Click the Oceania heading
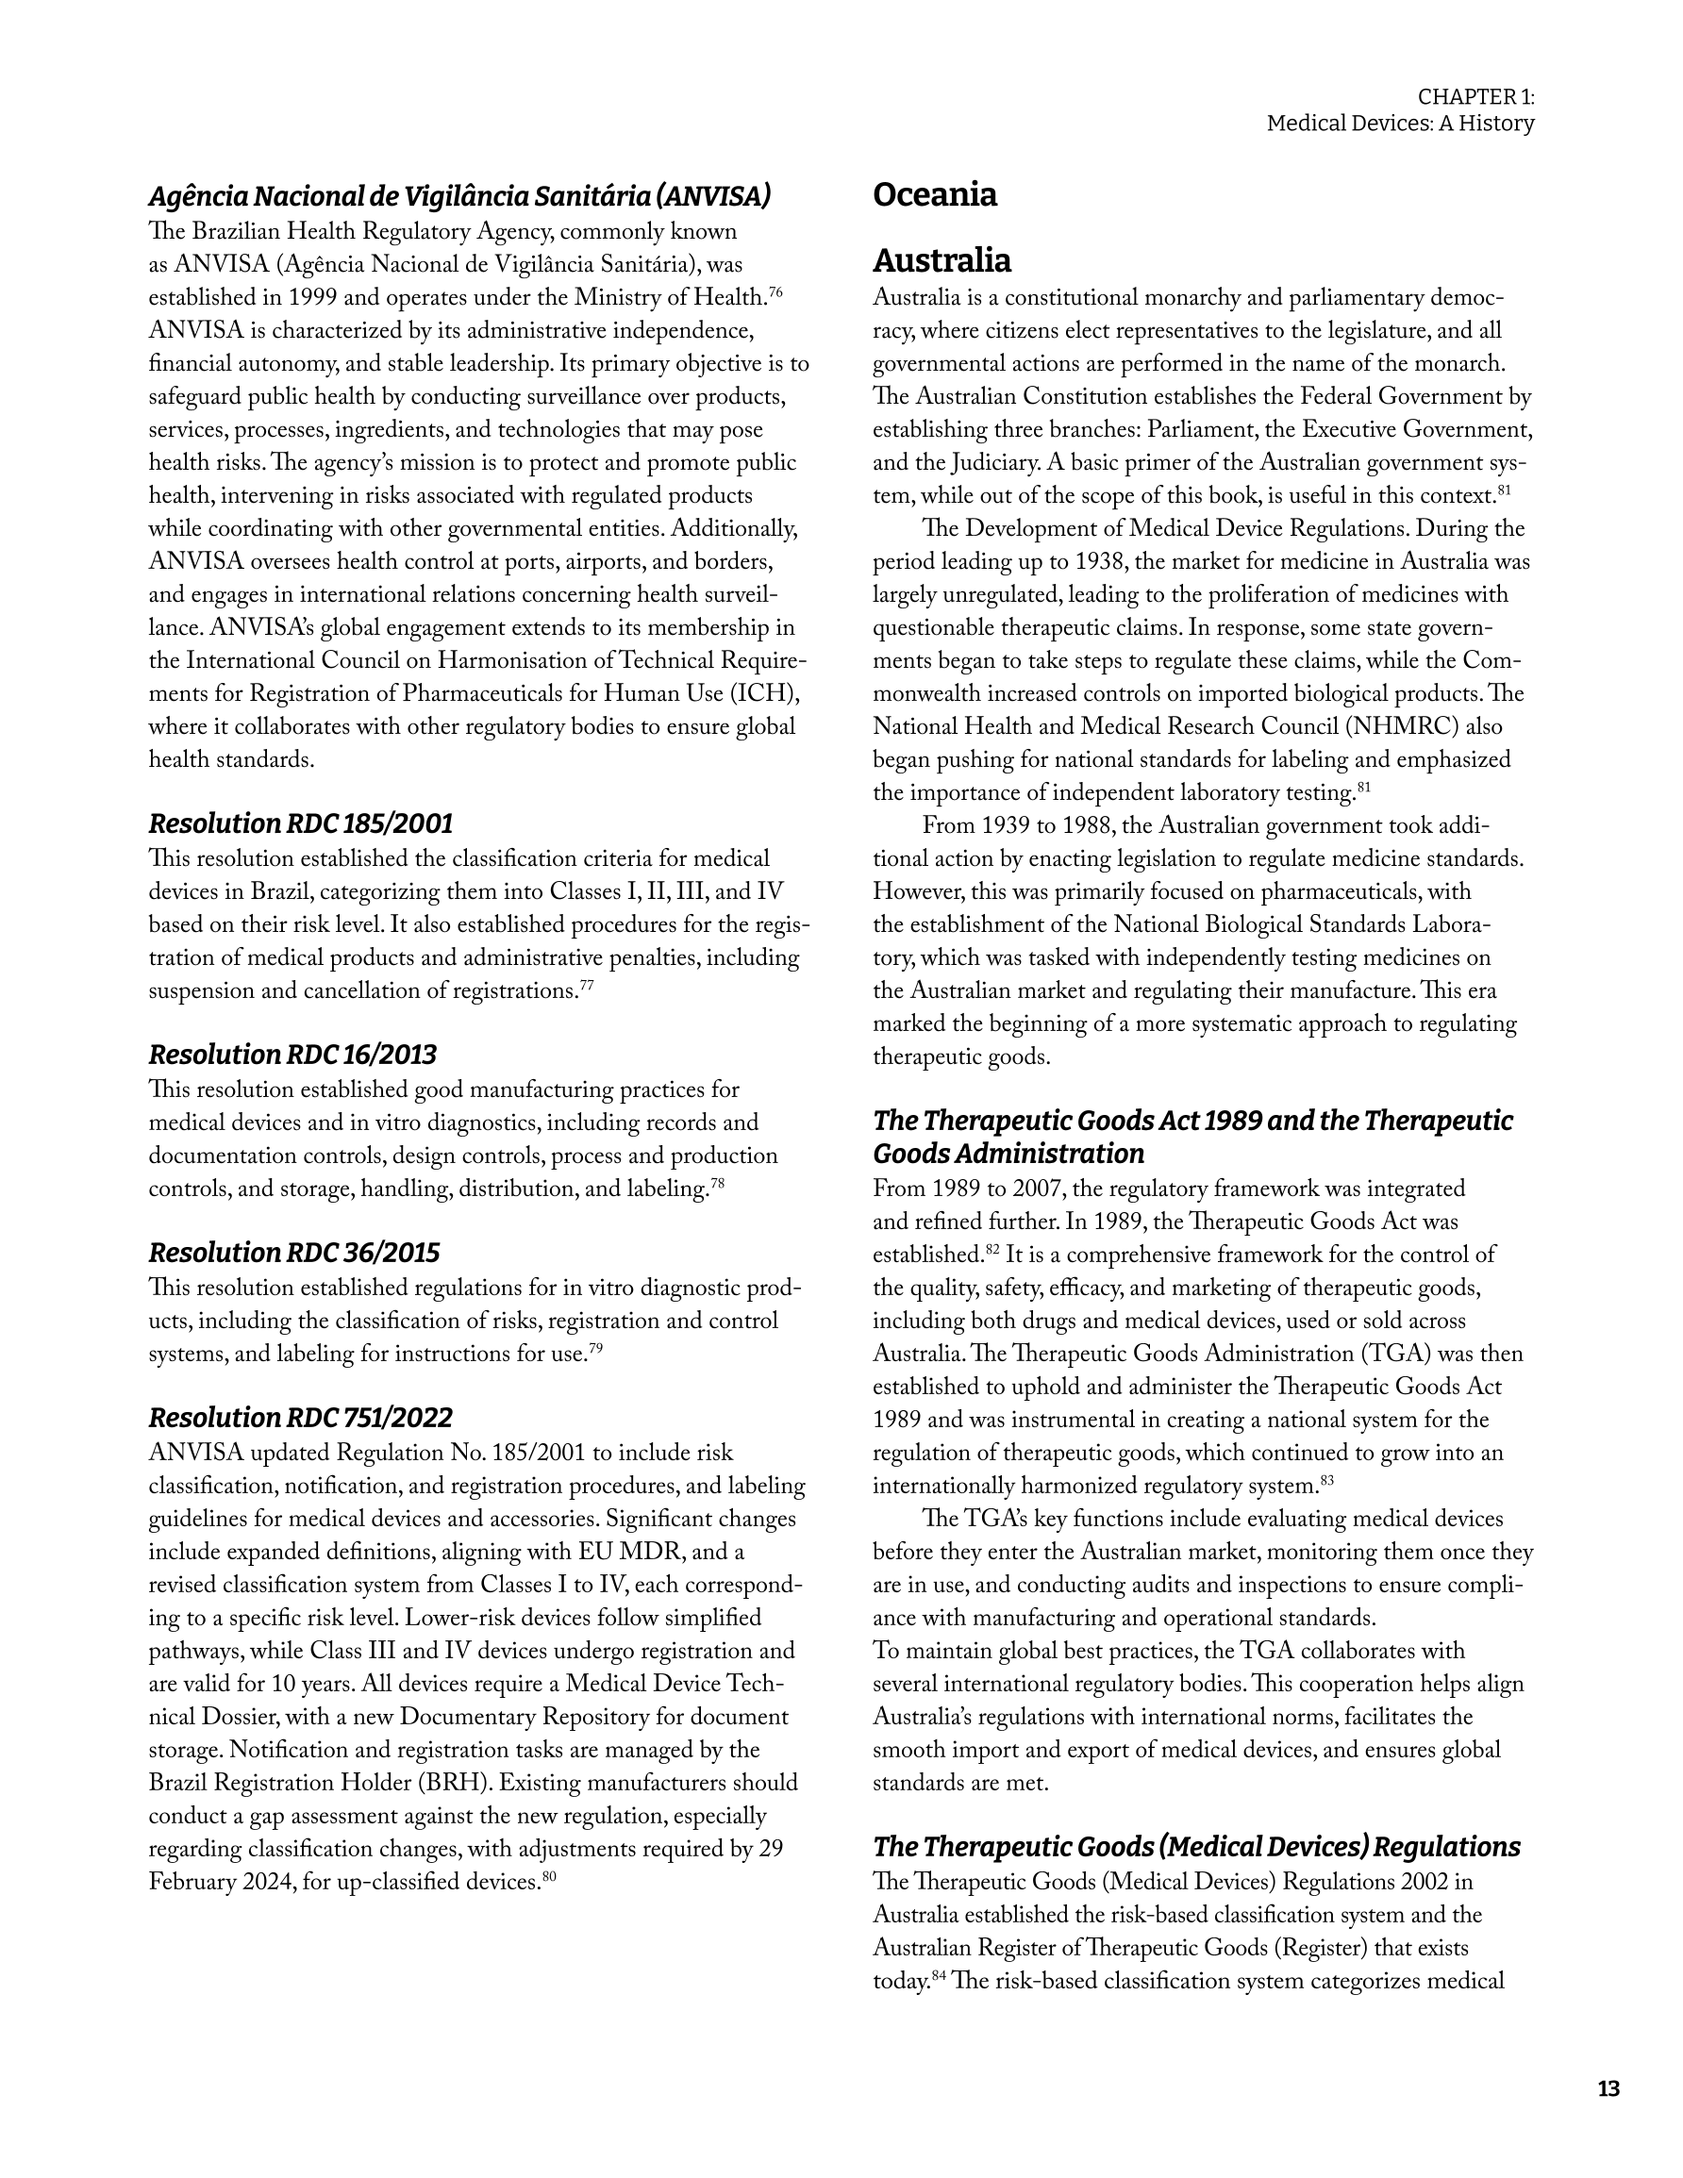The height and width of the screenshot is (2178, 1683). pos(934,194)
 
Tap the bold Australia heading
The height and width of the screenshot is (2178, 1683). pos(941,260)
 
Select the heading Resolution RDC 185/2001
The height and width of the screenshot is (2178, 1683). pos(300,823)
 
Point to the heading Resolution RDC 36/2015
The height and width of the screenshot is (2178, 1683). pos(293,1253)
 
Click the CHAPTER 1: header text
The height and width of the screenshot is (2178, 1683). pos(1475,97)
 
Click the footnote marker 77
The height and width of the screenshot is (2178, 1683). pos(587,986)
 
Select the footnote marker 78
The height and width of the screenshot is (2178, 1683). pos(716,1183)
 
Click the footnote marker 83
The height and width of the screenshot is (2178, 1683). pos(1326,1481)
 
